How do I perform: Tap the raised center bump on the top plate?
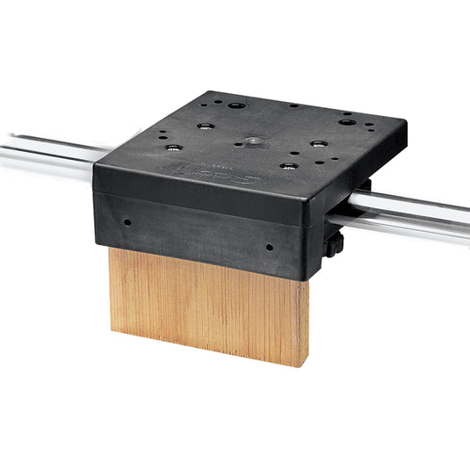pos(254,139)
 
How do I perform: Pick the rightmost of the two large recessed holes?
pos(346,122)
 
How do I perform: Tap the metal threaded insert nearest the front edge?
pos(286,165)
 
